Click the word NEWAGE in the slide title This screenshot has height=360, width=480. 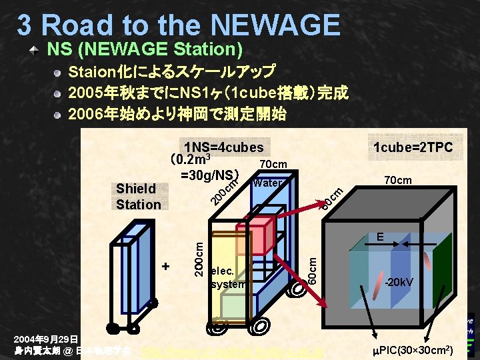point(271,25)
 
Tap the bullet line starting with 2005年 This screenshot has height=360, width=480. point(209,92)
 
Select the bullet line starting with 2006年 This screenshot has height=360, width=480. point(177,114)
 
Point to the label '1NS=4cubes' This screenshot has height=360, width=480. point(224,147)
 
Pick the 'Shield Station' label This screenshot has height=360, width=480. point(138,197)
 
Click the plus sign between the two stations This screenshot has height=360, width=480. point(166,267)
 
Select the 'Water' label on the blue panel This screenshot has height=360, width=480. point(267,183)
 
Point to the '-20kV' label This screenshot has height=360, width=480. point(399,281)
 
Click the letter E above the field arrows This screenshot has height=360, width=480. point(379,236)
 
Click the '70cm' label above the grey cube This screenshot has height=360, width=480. point(398,180)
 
